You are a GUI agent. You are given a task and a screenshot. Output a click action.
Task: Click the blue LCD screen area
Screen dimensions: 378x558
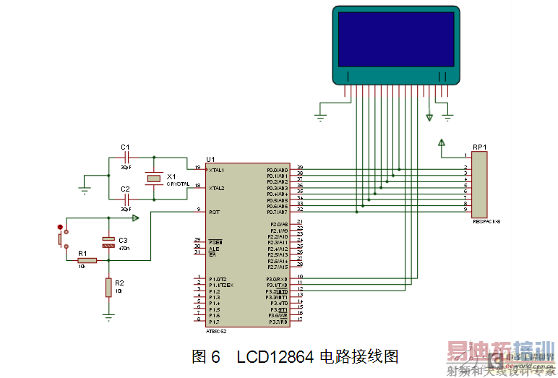[x=395, y=39]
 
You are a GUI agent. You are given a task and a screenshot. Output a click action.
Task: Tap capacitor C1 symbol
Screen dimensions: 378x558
[x=126, y=157]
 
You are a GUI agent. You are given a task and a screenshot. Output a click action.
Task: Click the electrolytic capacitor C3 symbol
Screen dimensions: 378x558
[x=108, y=242]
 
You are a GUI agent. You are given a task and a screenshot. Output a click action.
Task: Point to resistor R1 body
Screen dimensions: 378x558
[x=86, y=260]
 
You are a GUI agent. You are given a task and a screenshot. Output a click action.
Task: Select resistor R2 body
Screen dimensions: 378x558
[x=108, y=288]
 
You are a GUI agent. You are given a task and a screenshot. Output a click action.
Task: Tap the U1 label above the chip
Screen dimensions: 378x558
[x=210, y=159]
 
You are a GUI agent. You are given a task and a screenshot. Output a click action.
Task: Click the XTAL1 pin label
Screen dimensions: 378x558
[x=216, y=170]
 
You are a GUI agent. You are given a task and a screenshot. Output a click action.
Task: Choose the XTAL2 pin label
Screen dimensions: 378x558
[x=216, y=188]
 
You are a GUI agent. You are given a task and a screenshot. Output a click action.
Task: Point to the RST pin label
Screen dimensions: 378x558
[x=213, y=212]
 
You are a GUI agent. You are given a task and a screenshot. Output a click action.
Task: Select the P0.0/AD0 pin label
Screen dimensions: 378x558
[x=277, y=170]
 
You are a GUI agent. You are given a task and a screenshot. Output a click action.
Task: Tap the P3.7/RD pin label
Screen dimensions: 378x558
[x=278, y=322]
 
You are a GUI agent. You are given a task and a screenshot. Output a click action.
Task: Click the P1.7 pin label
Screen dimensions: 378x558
[x=214, y=322]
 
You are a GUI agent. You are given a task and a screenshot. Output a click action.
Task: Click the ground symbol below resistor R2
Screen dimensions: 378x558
[x=108, y=316]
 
